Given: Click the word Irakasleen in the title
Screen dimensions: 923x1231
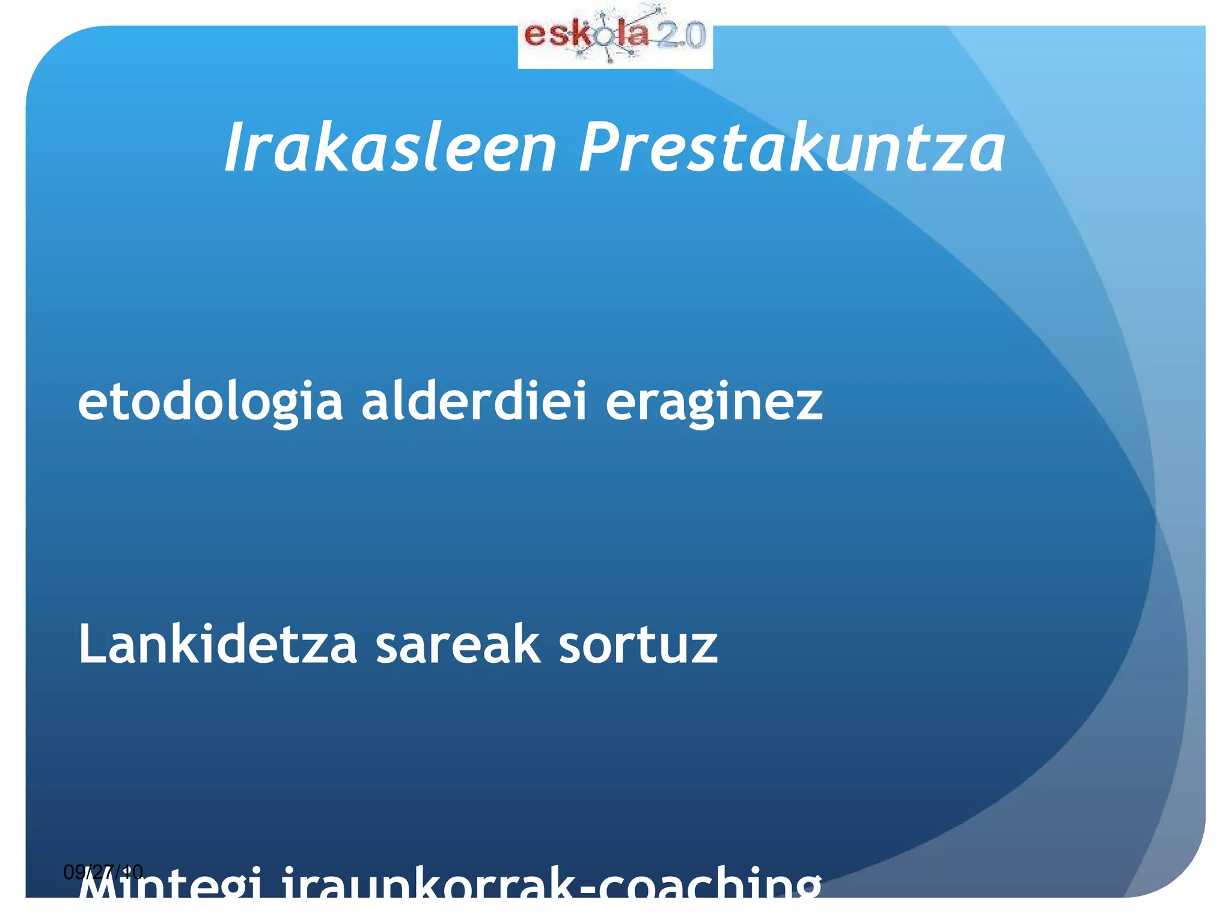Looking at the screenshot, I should coord(391,147).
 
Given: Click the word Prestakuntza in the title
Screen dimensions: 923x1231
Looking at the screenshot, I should coord(792,147).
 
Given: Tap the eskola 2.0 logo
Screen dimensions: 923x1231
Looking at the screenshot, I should coord(615,36).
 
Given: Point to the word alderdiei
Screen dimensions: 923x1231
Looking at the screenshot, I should coord(474,401).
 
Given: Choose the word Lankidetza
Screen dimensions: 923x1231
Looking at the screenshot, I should coord(218,644).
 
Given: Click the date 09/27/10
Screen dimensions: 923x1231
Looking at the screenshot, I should coord(103,871).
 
